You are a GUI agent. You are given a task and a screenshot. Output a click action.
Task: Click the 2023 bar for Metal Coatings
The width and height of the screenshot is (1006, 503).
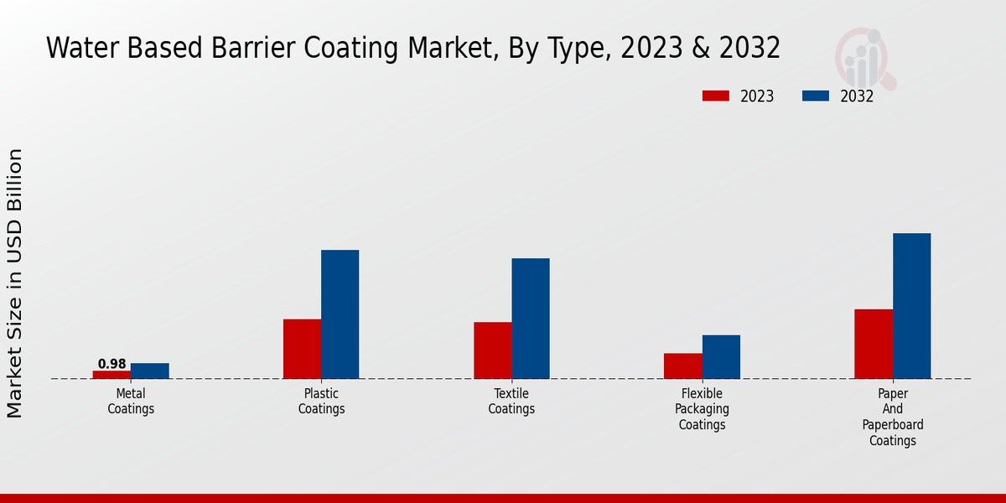[x=111, y=375]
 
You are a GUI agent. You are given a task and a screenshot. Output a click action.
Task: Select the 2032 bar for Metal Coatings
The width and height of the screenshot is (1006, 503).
[x=150, y=371]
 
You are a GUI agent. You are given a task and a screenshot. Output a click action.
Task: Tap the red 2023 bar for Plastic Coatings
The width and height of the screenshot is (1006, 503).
[x=302, y=349]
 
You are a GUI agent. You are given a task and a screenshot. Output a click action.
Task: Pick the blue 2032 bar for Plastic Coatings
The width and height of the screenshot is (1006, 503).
[x=340, y=314]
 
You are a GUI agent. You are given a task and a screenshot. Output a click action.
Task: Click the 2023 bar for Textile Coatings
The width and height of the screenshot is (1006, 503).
[x=493, y=350]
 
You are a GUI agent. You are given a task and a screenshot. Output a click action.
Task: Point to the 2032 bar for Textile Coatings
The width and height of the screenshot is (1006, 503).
[x=531, y=319]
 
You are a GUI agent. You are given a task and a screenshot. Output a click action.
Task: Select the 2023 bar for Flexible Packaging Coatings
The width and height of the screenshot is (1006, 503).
[x=683, y=366]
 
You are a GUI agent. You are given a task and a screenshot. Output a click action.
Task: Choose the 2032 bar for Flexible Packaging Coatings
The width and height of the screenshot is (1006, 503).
[x=721, y=357]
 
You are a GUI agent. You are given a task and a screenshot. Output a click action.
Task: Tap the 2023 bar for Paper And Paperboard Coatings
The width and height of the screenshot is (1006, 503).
[x=874, y=344]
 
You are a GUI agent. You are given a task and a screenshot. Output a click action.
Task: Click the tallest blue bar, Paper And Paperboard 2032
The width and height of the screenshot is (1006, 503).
[x=911, y=306]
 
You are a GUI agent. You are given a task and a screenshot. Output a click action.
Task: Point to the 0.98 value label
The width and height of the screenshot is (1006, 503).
[x=111, y=364]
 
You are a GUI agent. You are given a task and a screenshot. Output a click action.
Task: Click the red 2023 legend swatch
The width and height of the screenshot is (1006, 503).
[x=715, y=96]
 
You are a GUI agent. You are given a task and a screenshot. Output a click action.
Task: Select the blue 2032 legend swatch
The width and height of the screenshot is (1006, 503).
[x=816, y=96]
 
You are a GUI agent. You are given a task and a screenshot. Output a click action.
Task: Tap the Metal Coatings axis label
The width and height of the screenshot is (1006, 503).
[x=131, y=402]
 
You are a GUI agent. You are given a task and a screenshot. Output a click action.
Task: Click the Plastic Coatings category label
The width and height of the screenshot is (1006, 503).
[x=321, y=402]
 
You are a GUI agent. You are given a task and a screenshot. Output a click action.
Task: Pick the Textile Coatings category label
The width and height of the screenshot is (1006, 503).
[x=511, y=402]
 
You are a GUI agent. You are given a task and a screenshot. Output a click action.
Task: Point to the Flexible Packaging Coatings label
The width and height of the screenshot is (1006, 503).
[x=703, y=409]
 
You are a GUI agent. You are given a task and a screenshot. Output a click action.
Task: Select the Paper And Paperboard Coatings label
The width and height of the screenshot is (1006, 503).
[x=893, y=417]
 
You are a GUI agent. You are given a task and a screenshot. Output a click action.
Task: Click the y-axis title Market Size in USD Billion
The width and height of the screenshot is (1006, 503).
[x=15, y=283]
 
